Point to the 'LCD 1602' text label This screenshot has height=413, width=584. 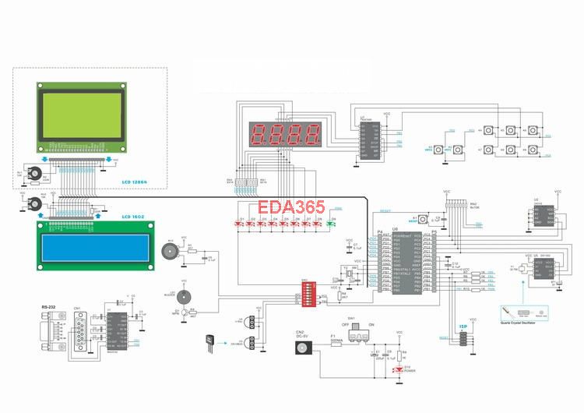click(x=136, y=216)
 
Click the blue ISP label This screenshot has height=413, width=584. click(x=463, y=327)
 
